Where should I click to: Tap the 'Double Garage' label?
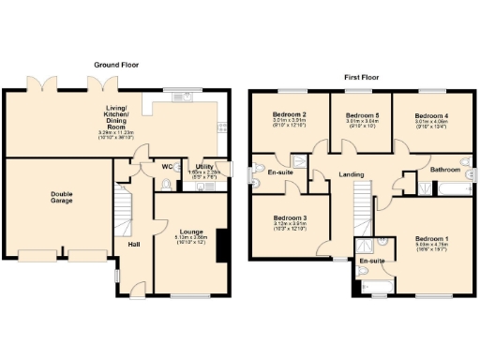click(x=61, y=198)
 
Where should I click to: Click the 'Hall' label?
click(x=134, y=246)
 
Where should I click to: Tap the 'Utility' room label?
click(x=204, y=167)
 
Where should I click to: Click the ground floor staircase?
click(x=121, y=208)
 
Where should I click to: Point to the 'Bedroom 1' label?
click(x=432, y=240)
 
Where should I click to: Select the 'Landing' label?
click(x=352, y=174)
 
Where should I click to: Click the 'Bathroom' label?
click(x=444, y=171)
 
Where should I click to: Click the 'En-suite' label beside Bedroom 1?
click(x=372, y=261)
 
